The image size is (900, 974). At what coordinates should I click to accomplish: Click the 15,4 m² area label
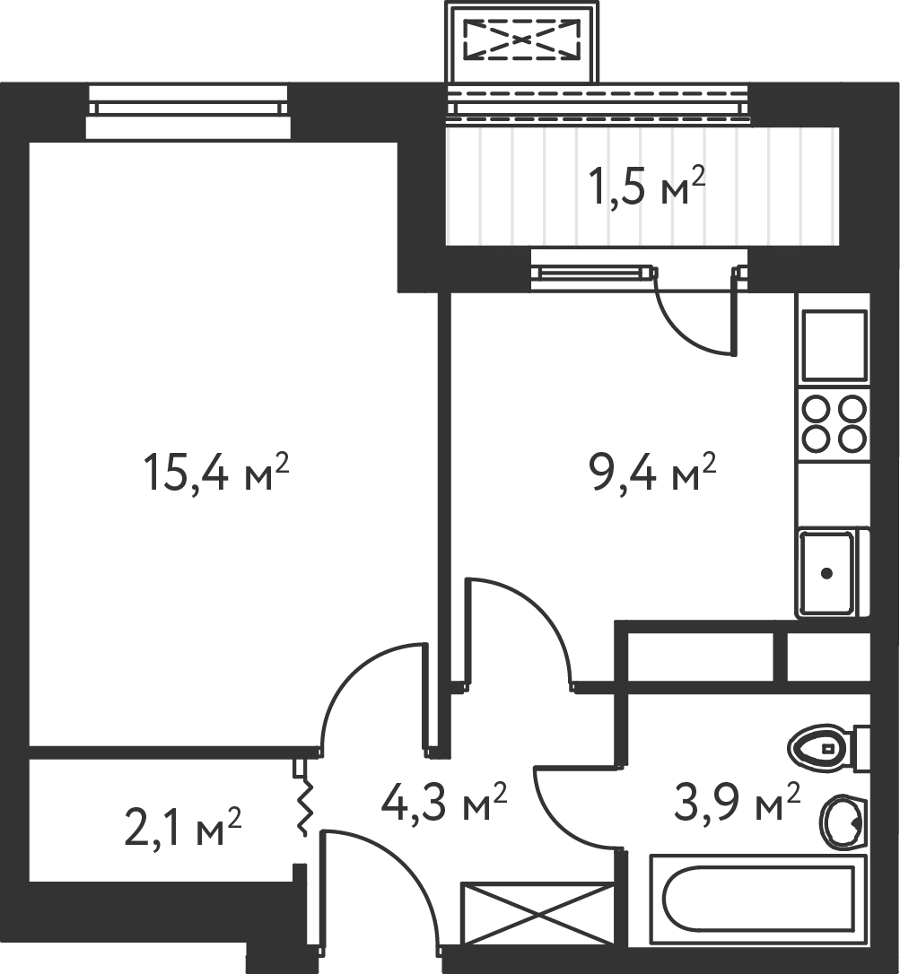216,472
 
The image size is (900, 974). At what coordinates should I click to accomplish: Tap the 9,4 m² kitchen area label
652,471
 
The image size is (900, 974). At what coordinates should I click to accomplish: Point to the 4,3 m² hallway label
444,801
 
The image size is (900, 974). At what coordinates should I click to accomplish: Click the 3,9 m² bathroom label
737,801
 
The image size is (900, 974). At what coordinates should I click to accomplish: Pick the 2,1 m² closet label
182,827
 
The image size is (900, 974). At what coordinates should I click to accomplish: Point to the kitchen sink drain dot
826,573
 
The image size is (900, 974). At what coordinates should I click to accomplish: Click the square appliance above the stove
834,345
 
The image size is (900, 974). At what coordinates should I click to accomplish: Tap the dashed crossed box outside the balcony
522,39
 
